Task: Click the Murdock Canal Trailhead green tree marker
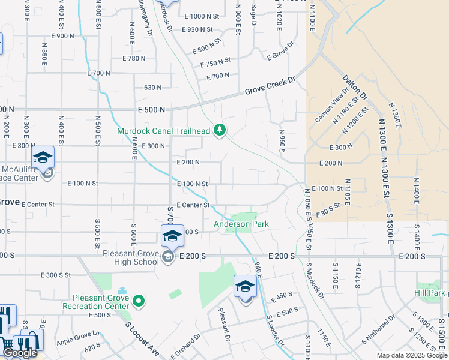point(220,130)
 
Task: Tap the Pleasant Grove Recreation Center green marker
point(139,300)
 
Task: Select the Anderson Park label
point(241,224)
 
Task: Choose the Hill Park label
point(429,293)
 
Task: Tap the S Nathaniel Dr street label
point(378,332)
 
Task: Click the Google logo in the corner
point(20,353)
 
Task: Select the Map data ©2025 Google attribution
point(411,355)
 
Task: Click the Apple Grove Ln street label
point(77,338)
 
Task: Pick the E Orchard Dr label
point(185,347)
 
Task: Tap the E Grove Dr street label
point(281,51)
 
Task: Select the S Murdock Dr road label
point(314,281)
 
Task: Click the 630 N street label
point(152,88)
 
